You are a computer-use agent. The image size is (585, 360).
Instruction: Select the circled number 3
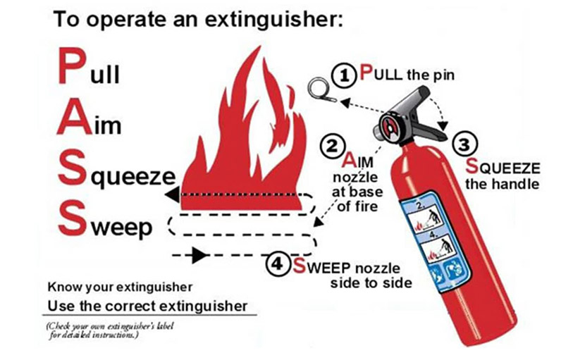point(464,144)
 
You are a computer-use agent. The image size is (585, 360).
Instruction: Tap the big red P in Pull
point(72,66)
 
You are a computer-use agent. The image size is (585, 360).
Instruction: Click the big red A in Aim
point(74,118)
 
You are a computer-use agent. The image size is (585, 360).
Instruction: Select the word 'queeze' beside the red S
point(133,178)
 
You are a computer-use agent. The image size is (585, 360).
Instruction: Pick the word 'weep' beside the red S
point(122,228)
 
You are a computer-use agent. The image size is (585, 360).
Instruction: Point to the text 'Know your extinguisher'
point(120,287)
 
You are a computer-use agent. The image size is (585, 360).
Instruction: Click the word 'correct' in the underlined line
point(130,306)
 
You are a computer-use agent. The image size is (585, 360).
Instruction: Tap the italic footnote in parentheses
point(110,330)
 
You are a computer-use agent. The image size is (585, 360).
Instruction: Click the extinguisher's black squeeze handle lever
point(429,130)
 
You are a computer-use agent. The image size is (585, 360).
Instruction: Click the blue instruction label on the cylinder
point(435,242)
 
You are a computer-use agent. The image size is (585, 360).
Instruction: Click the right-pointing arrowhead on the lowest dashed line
point(199,255)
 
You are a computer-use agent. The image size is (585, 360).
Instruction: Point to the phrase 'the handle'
point(502,185)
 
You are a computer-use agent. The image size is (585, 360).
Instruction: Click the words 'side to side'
point(371,283)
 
